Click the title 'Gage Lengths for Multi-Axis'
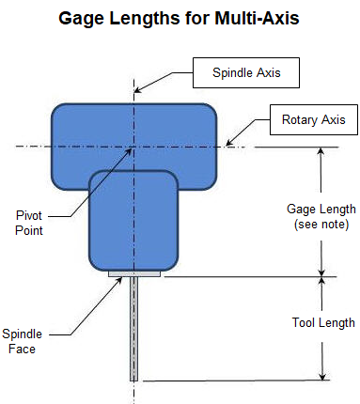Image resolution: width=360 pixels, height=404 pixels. coord(180,18)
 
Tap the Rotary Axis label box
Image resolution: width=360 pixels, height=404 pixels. coord(313,119)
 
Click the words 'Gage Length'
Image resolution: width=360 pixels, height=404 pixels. coord(321,209)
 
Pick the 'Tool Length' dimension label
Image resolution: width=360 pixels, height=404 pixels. coord(322,322)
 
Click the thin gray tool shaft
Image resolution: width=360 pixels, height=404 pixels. coord(134,329)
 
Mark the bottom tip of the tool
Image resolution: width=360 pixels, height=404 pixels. coord(134,379)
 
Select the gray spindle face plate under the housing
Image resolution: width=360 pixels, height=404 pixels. coord(134,274)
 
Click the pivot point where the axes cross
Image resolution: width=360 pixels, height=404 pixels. coord(134,146)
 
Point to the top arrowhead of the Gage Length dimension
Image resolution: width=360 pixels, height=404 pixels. coord(321,151)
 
